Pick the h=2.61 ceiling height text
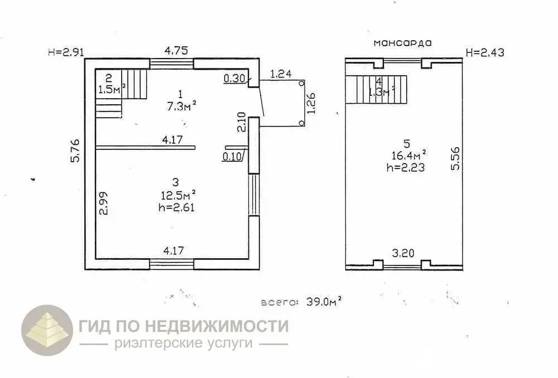(x=176, y=207)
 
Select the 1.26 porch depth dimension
(x=312, y=103)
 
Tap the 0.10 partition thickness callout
(x=232, y=156)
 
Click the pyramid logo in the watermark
(x=47, y=331)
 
